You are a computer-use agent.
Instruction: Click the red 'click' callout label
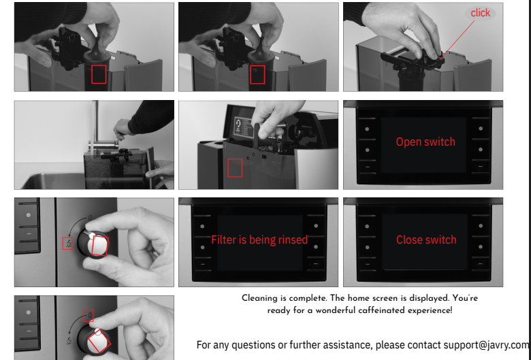480,13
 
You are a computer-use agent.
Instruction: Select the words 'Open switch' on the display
425,142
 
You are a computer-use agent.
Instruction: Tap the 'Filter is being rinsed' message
259,240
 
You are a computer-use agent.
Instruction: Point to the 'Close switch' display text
426,240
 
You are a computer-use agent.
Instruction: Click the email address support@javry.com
487,345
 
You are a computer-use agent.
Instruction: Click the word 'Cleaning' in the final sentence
259,298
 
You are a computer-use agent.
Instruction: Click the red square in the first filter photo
99,74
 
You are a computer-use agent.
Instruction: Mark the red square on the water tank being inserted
235,168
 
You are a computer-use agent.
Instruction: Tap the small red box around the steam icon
67,244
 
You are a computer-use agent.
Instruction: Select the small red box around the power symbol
88,315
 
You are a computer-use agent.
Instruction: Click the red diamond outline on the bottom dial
99,341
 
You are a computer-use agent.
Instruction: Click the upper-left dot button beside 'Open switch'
367,129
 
